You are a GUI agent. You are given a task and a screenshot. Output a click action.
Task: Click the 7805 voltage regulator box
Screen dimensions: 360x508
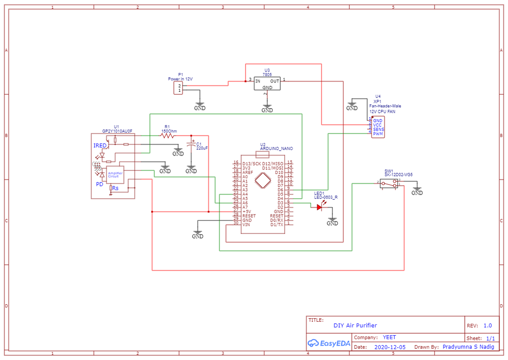coord(267,83)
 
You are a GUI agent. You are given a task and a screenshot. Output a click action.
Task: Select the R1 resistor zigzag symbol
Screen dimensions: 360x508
coord(168,135)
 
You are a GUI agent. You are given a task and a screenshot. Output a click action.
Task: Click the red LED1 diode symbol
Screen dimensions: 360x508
coord(319,207)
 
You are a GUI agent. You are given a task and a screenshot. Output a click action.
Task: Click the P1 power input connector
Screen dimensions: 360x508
coord(177,88)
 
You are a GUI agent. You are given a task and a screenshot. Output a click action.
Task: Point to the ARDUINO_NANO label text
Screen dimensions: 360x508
coord(276,148)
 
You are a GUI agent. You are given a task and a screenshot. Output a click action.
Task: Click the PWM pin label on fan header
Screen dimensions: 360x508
coord(378,134)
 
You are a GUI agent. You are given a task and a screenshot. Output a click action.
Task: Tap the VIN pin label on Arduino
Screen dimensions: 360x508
coord(246,224)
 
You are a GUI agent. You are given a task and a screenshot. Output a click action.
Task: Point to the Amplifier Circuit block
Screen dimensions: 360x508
coord(115,174)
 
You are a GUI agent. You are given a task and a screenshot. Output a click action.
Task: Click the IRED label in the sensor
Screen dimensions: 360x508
coord(100,145)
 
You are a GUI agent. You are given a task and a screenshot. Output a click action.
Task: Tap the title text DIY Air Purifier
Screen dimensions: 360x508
coord(355,326)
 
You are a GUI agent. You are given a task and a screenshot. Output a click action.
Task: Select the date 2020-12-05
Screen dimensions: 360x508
coord(389,348)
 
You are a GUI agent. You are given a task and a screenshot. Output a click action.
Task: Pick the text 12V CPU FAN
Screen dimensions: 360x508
coord(382,111)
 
